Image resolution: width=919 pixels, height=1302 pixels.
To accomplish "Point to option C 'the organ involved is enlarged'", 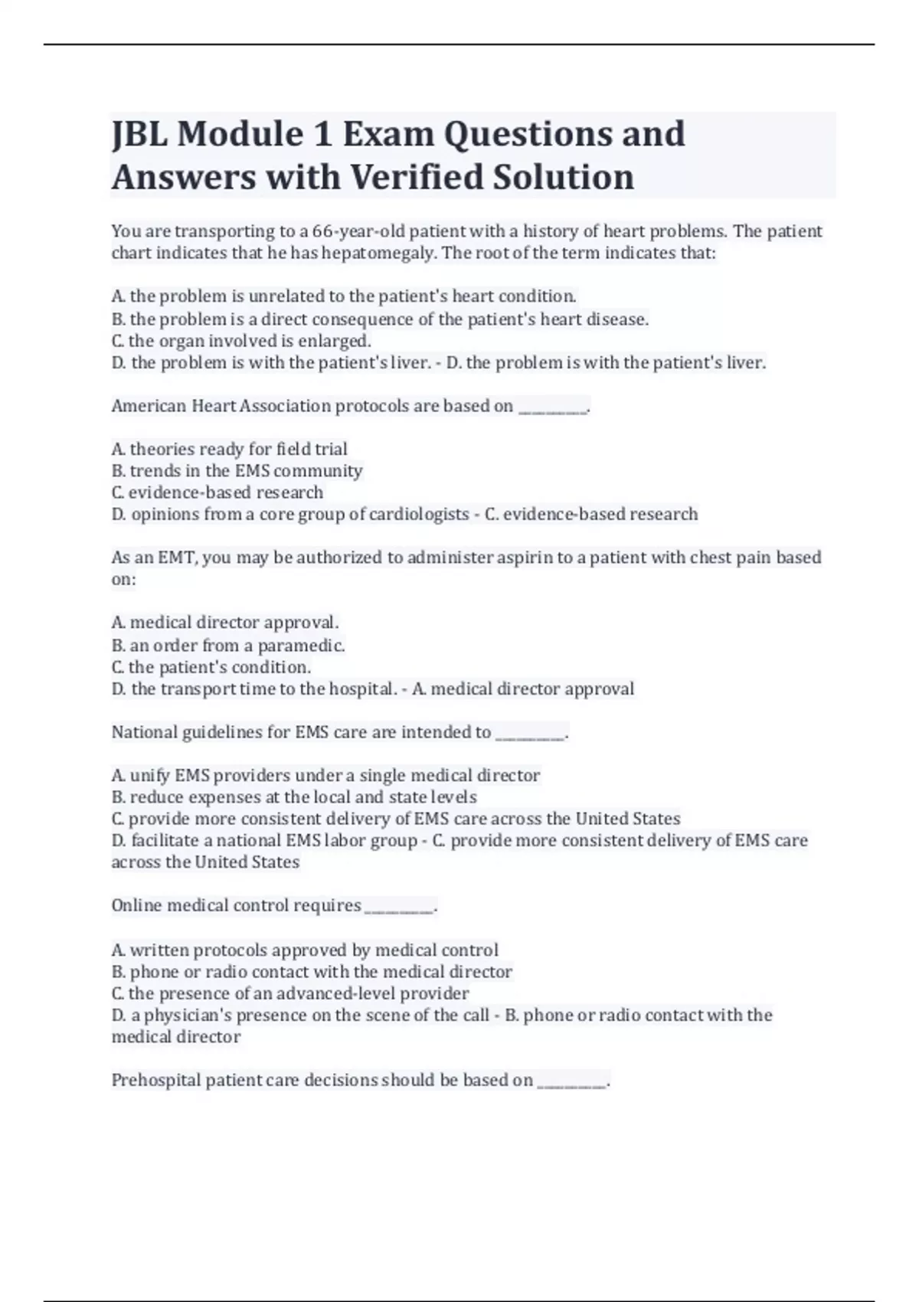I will coord(241,341).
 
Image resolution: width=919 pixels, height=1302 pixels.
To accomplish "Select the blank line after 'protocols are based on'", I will coord(553,407).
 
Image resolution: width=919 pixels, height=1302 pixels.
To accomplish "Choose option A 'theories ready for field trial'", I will coord(230,449).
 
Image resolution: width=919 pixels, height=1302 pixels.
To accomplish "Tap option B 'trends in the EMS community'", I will coord(237,470).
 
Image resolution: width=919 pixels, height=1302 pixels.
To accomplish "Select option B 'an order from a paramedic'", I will coord(228,646).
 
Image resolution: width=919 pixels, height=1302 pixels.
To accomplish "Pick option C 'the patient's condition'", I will coord(211,667).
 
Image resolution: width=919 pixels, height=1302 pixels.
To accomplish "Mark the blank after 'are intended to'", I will coord(531,734).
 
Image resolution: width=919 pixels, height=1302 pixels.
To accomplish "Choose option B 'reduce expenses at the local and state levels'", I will coord(294,797).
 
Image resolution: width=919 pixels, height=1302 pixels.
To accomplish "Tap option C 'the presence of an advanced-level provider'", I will coord(290,993).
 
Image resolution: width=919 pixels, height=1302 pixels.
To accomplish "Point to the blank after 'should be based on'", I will coord(572,1081).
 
